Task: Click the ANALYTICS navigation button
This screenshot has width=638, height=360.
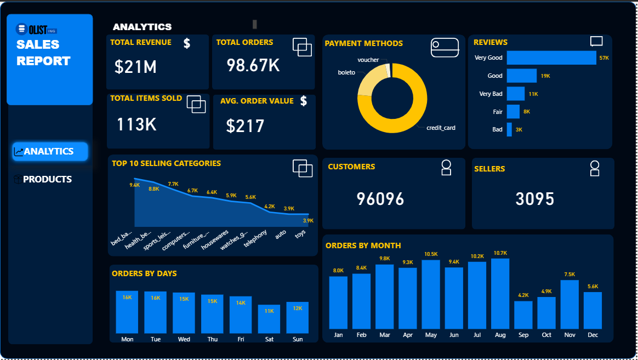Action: click(x=49, y=152)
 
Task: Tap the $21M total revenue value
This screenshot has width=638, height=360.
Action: click(x=135, y=67)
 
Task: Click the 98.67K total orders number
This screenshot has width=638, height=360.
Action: click(x=253, y=65)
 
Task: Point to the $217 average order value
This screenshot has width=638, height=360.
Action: click(x=245, y=126)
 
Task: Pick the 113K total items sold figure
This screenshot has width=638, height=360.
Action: click(x=136, y=124)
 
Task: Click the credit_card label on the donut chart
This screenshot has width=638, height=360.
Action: click(x=441, y=128)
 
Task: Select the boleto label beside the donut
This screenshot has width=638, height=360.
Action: click(x=346, y=72)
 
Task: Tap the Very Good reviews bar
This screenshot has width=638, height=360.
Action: click(x=551, y=58)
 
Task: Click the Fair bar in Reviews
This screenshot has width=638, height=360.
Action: click(x=513, y=112)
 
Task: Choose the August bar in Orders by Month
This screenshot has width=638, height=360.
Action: click(x=500, y=294)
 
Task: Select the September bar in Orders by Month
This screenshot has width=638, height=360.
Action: click(x=523, y=315)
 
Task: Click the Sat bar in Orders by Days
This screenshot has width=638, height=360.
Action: click(x=269, y=319)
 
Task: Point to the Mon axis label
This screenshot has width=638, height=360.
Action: click(x=127, y=339)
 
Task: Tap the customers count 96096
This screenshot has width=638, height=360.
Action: click(x=380, y=199)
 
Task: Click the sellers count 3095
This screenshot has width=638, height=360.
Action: click(x=535, y=199)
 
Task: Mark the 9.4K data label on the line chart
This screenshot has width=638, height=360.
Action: click(x=134, y=186)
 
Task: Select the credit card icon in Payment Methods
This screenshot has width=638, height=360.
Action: click(x=445, y=48)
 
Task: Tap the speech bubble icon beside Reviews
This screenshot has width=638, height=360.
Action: click(x=596, y=42)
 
